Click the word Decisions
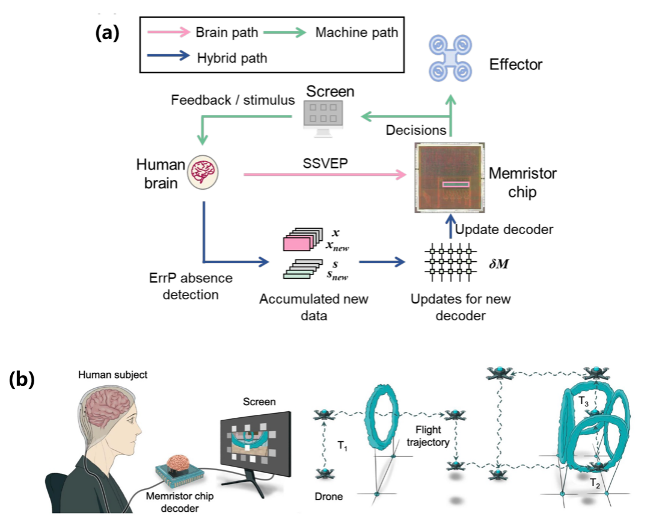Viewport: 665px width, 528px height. click(x=415, y=130)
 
